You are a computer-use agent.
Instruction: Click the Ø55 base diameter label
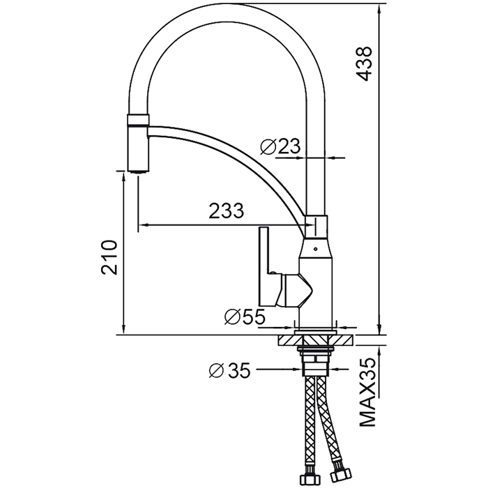(x=245, y=317)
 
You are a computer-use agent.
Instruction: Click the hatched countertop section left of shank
(x=289, y=340)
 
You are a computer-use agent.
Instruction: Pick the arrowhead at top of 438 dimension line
(x=379, y=7)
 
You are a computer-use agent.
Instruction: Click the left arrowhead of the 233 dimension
(x=143, y=225)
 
